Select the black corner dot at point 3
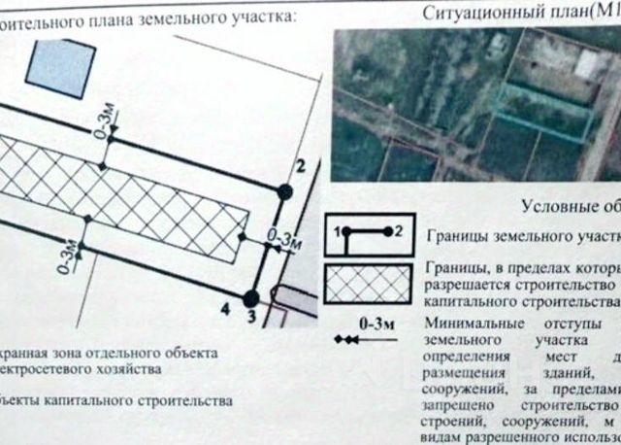coord(251,297)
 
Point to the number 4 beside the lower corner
coord(225,309)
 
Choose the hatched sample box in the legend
coord(369,285)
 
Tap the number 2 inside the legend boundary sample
coord(399,231)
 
